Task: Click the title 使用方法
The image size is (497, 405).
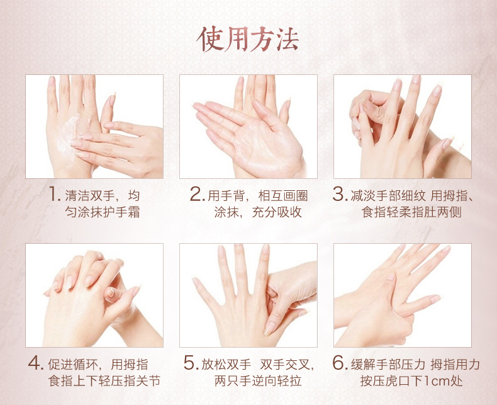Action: pos(248,39)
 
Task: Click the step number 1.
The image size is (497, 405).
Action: pos(55,194)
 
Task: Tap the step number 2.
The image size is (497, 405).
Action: pos(197,194)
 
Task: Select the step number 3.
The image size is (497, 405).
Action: pos(340,194)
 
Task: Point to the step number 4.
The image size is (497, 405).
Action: pos(36,363)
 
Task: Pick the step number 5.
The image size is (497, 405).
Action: pos(191,363)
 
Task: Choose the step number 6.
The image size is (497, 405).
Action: pos(340,363)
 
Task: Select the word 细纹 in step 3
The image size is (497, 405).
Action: pos(413,195)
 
